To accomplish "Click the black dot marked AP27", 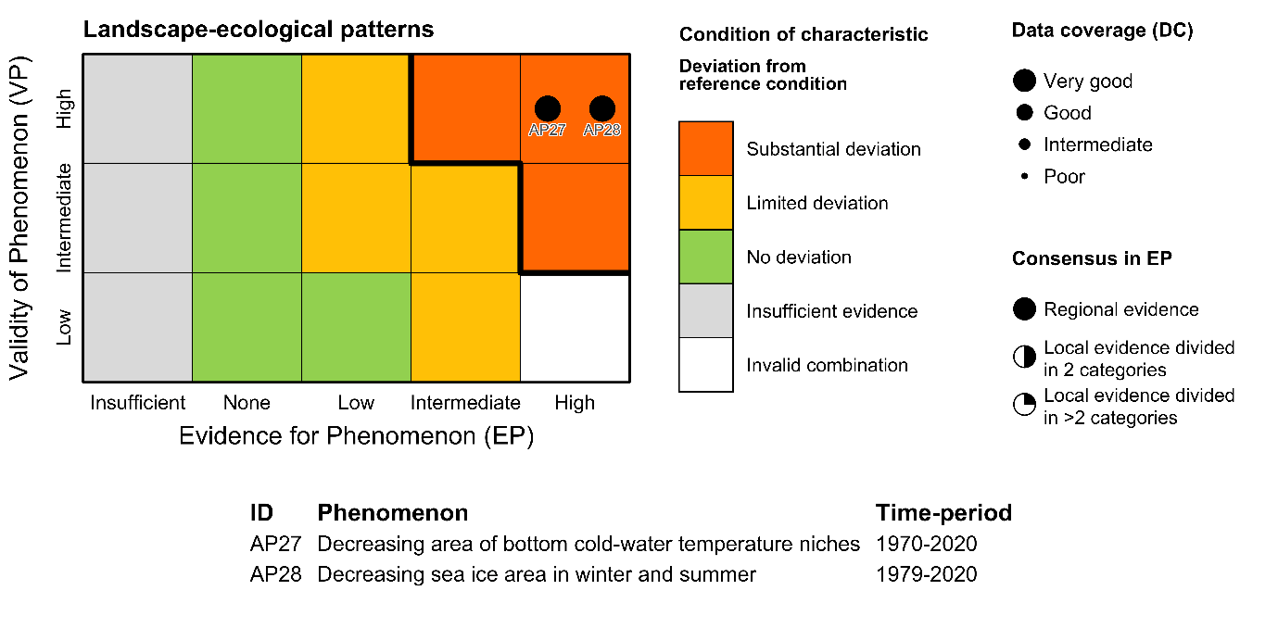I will pyautogui.click(x=548, y=109).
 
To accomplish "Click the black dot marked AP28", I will pyautogui.click(x=602, y=109).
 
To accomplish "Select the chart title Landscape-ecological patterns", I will pyautogui.click(x=259, y=30).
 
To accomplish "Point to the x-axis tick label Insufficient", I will pyautogui.click(x=138, y=403).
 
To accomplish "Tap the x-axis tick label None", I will pyautogui.click(x=247, y=403).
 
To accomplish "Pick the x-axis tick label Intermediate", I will pyautogui.click(x=465, y=403).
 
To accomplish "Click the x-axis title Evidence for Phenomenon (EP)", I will pyautogui.click(x=356, y=436).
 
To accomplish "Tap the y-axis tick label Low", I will pyautogui.click(x=64, y=327).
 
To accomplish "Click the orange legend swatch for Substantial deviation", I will pyautogui.click(x=706, y=148).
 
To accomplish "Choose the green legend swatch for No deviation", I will pyautogui.click(x=706, y=257).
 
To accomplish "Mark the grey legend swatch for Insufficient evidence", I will pyautogui.click(x=706, y=311).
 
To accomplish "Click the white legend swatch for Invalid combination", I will pyautogui.click(x=706, y=365).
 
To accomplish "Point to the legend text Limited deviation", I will pyautogui.click(x=817, y=203).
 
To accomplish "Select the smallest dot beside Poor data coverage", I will pyautogui.click(x=1024, y=177).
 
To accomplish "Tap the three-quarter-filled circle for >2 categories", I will pyautogui.click(x=1024, y=406).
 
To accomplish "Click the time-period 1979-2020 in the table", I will pyautogui.click(x=926, y=574).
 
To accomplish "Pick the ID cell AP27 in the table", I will pyautogui.click(x=275, y=544).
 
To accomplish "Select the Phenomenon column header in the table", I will pyautogui.click(x=392, y=513).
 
